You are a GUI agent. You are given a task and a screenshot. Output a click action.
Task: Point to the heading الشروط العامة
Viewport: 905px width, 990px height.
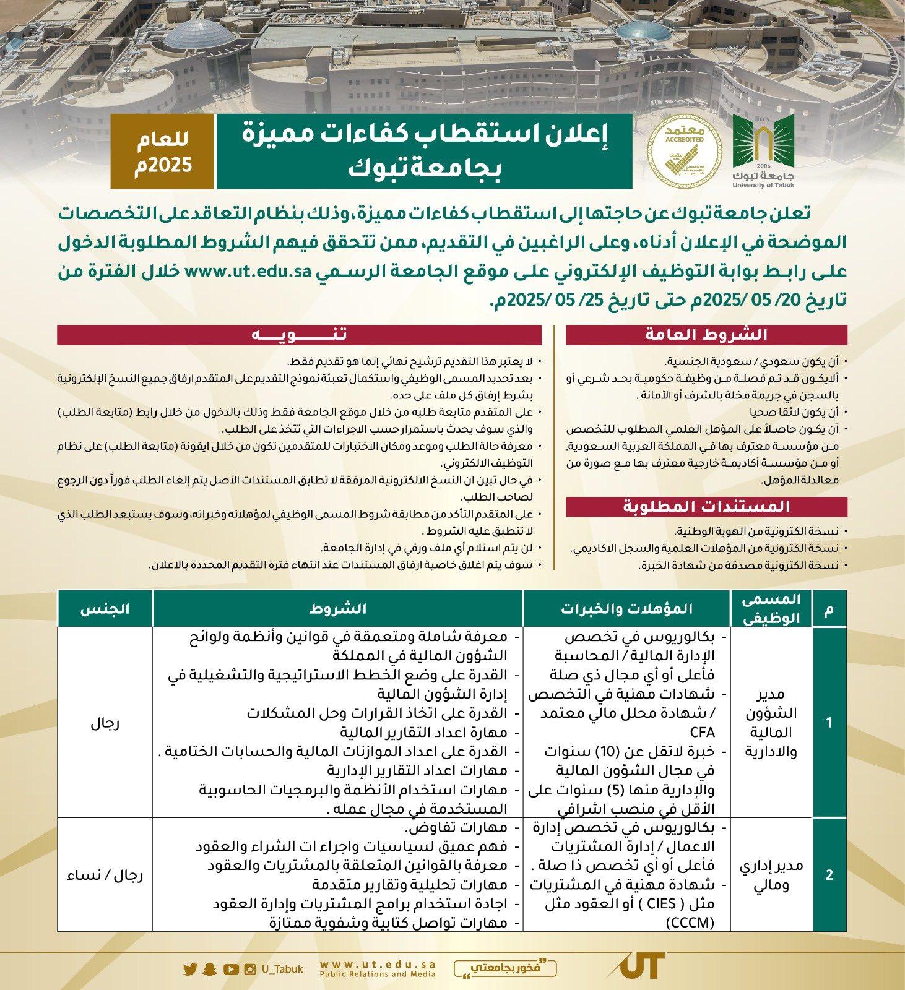(706, 335)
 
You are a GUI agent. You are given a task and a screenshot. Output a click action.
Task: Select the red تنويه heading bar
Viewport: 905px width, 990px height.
(299, 335)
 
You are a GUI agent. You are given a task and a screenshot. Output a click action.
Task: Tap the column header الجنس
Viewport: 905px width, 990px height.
(105, 608)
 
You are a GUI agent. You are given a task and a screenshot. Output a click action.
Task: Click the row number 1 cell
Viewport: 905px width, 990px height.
(829, 722)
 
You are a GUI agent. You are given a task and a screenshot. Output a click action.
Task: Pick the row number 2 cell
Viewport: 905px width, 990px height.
(829, 875)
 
